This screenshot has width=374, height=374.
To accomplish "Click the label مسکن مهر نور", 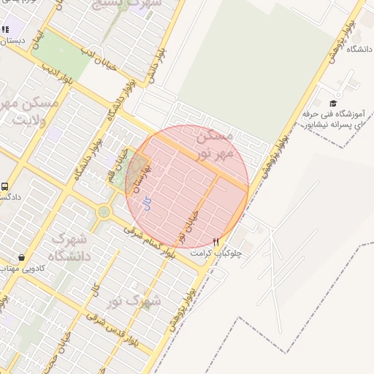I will pos(216,144).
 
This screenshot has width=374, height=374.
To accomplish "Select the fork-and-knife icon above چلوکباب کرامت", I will pos(215,241).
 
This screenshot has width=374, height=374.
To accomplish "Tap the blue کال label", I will pos(147,204).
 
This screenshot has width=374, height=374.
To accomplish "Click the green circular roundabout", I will pos(103,213).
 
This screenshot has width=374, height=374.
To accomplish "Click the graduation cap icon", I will pos(333,104).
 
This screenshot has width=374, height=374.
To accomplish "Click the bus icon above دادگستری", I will pos(5,187).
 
